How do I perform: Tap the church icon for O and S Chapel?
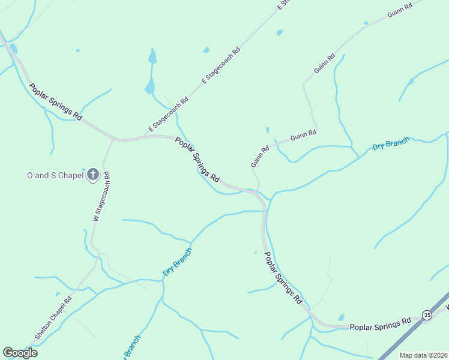coord(93,175)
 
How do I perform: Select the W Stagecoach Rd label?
coord(100,197)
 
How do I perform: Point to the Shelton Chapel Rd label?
coord(53,318)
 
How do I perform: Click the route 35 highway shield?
coord(427,314)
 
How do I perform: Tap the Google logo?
coord(20,353)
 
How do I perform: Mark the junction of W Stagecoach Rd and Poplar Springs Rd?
coord(113,139)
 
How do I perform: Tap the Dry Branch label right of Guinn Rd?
coord(391,144)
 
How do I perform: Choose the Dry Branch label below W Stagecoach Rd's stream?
coord(177,262)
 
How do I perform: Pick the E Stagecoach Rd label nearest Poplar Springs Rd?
coord(169,113)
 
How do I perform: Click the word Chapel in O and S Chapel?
coord(70,175)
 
